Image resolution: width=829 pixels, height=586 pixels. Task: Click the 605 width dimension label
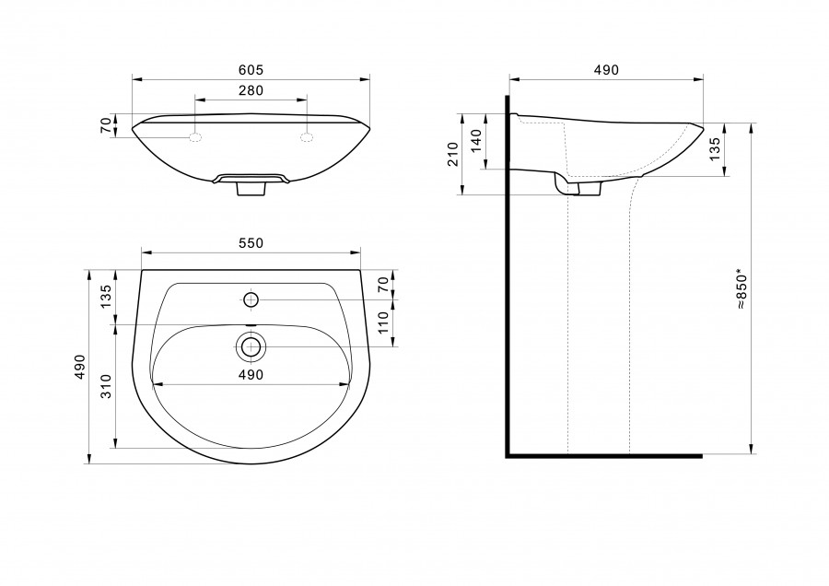tap(251, 70)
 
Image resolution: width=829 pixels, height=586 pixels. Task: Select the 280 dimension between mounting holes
tap(251, 90)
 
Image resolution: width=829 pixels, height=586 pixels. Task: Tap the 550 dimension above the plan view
tap(251, 243)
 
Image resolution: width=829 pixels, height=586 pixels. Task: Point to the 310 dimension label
tap(106, 386)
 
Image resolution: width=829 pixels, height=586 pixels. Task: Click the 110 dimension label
tap(383, 322)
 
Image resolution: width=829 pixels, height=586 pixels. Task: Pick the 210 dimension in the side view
tap(453, 154)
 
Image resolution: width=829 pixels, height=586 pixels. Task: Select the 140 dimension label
tap(476, 141)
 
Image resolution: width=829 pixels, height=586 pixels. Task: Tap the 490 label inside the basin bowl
tap(251, 375)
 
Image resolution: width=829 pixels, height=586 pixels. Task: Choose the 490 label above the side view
tap(606, 70)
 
